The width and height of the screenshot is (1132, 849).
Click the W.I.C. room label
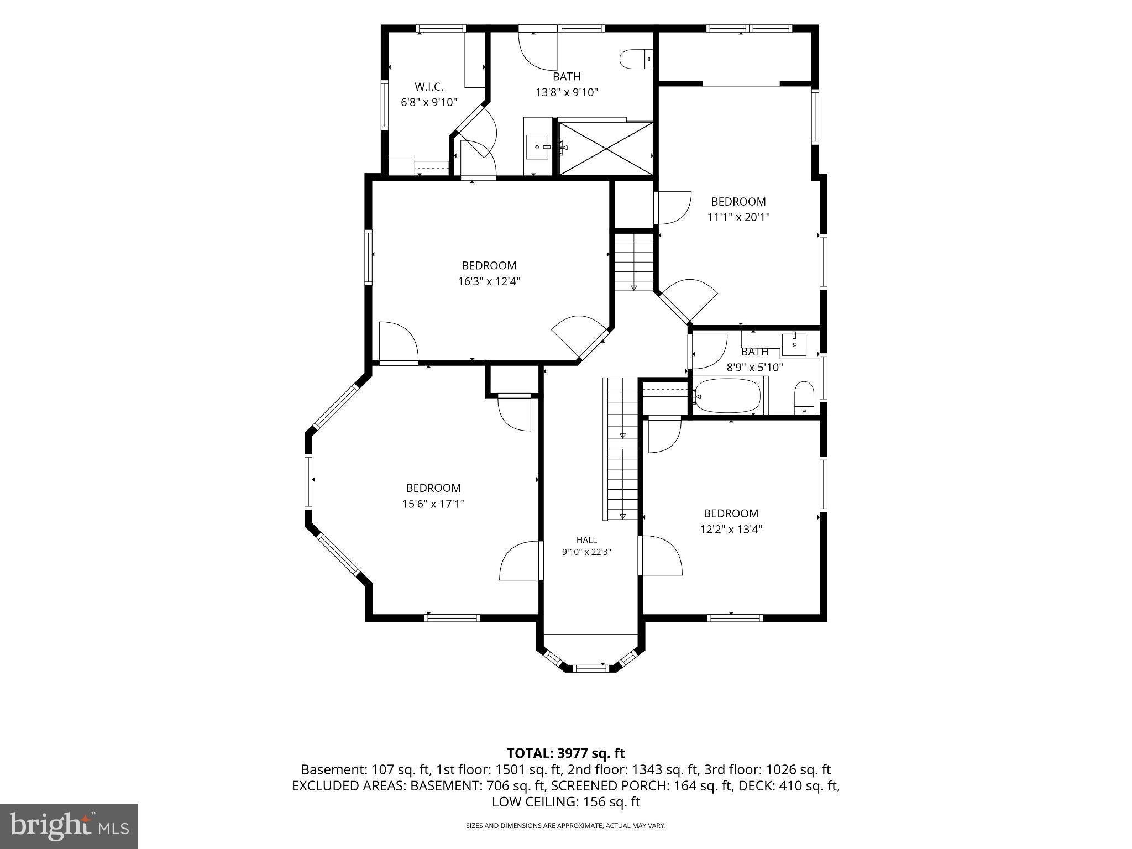[x=429, y=87]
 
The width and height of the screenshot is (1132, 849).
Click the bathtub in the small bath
[x=728, y=396]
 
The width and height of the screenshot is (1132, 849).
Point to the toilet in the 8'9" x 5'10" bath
[x=804, y=397]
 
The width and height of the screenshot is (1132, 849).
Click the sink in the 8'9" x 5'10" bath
[x=794, y=344]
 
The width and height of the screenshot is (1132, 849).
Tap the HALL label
[x=586, y=540]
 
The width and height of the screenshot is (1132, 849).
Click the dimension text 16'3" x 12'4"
[x=489, y=281]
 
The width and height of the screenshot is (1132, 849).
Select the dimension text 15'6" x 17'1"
[x=433, y=504]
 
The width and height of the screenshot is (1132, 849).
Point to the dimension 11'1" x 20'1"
[x=738, y=217]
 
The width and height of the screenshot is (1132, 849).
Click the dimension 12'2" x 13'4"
[x=731, y=529]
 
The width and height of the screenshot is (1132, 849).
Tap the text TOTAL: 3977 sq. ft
[x=565, y=753]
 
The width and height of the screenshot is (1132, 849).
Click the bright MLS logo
[x=69, y=826]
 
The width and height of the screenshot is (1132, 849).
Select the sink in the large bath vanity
[x=537, y=147]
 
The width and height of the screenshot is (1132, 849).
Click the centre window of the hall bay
[x=591, y=668]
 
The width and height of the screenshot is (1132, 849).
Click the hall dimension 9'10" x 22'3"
[x=586, y=552]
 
